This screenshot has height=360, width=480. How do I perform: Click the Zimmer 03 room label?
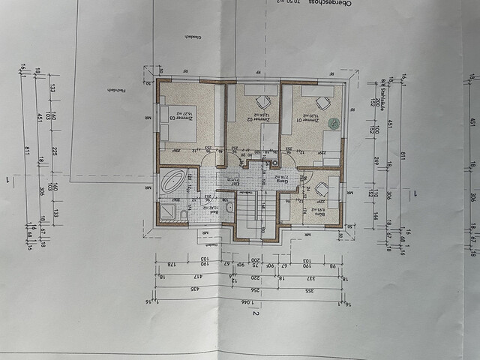point(172,118)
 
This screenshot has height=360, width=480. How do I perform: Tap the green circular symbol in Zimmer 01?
point(334,122)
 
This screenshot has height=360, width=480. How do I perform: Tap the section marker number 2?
point(256,315)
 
